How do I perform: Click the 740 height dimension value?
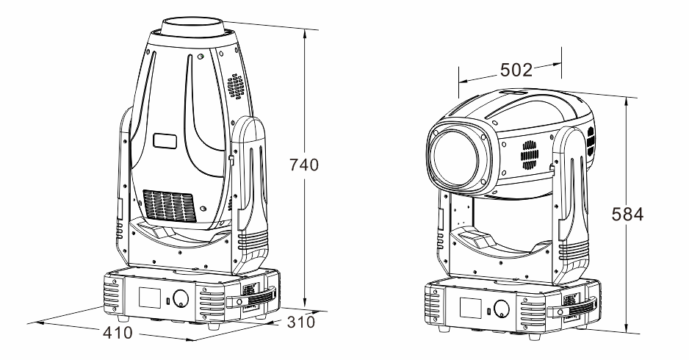[303, 165]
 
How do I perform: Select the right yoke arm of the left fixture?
[253, 191]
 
